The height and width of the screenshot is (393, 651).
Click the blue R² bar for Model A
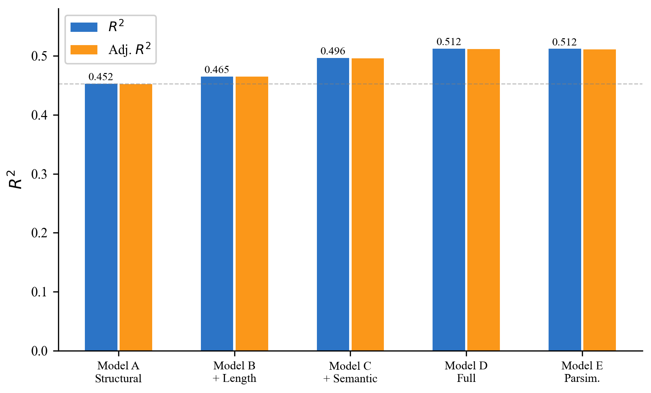(x=101, y=217)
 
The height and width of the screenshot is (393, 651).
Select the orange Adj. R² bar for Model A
(x=136, y=217)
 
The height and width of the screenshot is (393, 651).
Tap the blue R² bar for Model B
(x=217, y=214)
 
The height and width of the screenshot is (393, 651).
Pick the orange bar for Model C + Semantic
(x=368, y=204)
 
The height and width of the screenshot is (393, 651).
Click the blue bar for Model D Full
(x=449, y=200)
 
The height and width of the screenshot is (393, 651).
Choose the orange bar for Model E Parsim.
(x=599, y=200)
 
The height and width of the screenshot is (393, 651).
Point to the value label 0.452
(x=101, y=77)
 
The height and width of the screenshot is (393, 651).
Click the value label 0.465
(x=217, y=70)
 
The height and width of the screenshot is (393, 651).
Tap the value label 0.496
(x=333, y=51)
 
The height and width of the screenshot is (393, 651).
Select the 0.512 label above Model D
(x=449, y=42)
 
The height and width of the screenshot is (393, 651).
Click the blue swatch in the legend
(x=84, y=27)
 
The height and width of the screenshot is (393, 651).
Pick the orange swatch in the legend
(x=84, y=50)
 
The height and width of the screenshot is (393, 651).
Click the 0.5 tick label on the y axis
(x=39, y=56)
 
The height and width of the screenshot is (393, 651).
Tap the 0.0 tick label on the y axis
(x=39, y=351)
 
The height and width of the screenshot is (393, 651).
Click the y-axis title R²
(x=15, y=179)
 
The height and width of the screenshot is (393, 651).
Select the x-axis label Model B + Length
(x=235, y=372)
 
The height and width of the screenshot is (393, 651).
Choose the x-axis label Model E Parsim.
(x=582, y=372)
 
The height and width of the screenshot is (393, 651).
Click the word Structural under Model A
(x=118, y=378)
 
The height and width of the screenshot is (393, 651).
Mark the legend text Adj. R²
(x=130, y=49)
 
